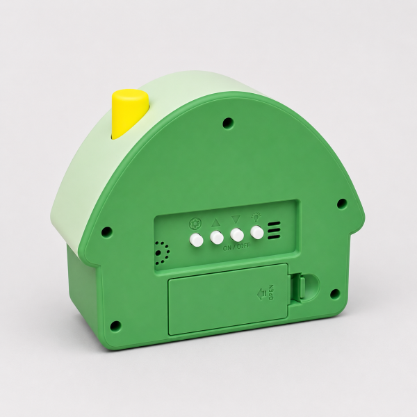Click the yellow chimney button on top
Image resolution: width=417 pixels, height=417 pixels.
point(130,114)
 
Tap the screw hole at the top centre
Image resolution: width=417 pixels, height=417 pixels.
point(228,122)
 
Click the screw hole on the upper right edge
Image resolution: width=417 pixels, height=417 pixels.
point(342,204)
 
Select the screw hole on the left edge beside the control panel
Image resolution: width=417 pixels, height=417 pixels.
point(106,231)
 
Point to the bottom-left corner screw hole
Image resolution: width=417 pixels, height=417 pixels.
point(115,326)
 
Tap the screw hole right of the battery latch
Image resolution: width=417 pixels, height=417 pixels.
point(335,294)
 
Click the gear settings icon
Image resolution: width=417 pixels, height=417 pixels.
point(195,224)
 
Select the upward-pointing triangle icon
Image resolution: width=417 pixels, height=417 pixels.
point(215,222)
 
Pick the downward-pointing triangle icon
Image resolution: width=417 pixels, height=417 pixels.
point(236,220)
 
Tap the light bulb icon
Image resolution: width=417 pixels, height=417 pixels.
point(256,217)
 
